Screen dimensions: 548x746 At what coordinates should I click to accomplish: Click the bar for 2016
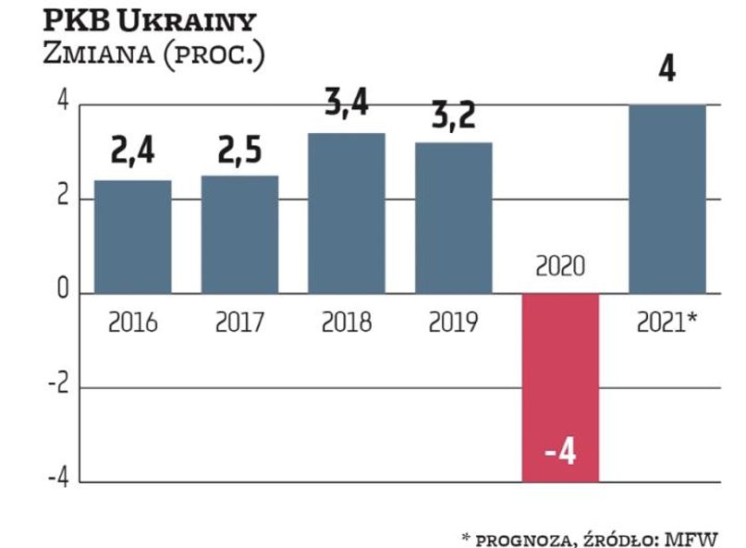click(133, 237)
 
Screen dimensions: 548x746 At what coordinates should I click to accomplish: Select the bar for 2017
click(239, 235)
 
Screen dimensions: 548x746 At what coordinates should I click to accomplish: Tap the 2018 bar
click(347, 213)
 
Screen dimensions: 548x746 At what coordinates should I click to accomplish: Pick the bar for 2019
click(453, 218)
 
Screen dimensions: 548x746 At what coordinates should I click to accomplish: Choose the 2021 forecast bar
click(667, 199)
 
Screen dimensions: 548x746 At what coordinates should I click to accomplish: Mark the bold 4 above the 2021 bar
click(667, 70)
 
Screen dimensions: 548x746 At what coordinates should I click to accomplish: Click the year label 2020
click(560, 267)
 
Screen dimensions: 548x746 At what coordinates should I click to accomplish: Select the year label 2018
click(347, 323)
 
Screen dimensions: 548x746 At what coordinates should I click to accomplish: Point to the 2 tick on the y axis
click(63, 199)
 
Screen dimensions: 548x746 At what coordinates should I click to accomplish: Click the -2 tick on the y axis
click(58, 387)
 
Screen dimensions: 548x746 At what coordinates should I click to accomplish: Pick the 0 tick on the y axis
click(63, 291)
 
